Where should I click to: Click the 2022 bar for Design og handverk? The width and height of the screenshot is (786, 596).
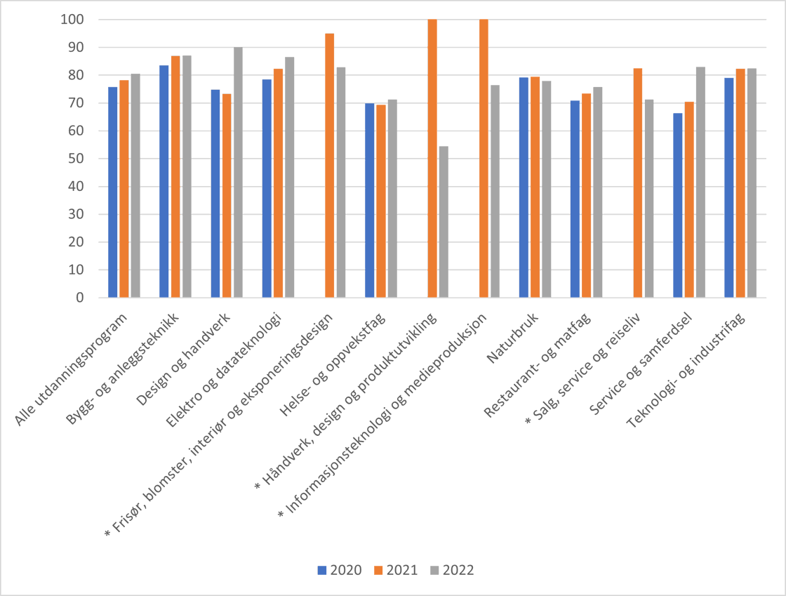[x=238, y=172]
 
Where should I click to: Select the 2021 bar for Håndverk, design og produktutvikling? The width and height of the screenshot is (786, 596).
[x=432, y=159]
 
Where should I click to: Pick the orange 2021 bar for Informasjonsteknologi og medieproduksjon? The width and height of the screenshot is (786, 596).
[x=484, y=159]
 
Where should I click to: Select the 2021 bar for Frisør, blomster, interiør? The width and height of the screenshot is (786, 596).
[x=329, y=166]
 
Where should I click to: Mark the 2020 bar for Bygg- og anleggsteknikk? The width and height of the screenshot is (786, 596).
[x=164, y=181]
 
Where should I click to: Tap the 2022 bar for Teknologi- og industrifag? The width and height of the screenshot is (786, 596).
[x=752, y=183]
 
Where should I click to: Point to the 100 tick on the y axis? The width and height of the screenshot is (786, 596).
[x=72, y=20]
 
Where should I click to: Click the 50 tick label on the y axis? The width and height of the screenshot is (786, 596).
[x=75, y=159]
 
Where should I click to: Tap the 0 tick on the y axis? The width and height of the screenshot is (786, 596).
[x=79, y=298]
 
